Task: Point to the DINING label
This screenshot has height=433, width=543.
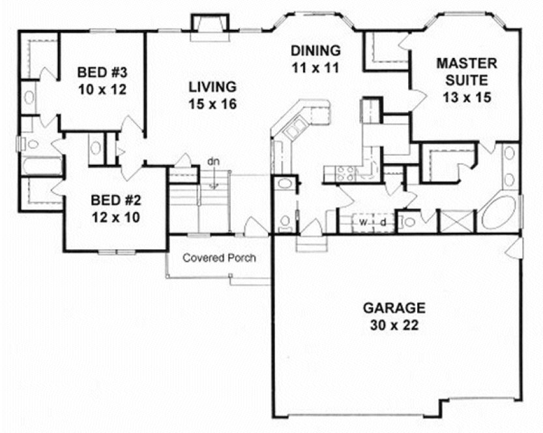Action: (316, 50)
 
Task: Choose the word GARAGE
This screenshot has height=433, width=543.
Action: (394, 308)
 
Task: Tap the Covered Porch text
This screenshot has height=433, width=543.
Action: (219, 258)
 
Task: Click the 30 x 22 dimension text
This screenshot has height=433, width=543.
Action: (394, 324)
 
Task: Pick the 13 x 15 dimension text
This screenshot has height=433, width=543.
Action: (466, 98)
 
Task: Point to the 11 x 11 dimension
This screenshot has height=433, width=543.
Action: (316, 67)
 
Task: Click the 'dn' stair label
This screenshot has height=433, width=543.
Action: (213, 161)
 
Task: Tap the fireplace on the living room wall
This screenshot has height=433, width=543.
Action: (209, 25)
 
